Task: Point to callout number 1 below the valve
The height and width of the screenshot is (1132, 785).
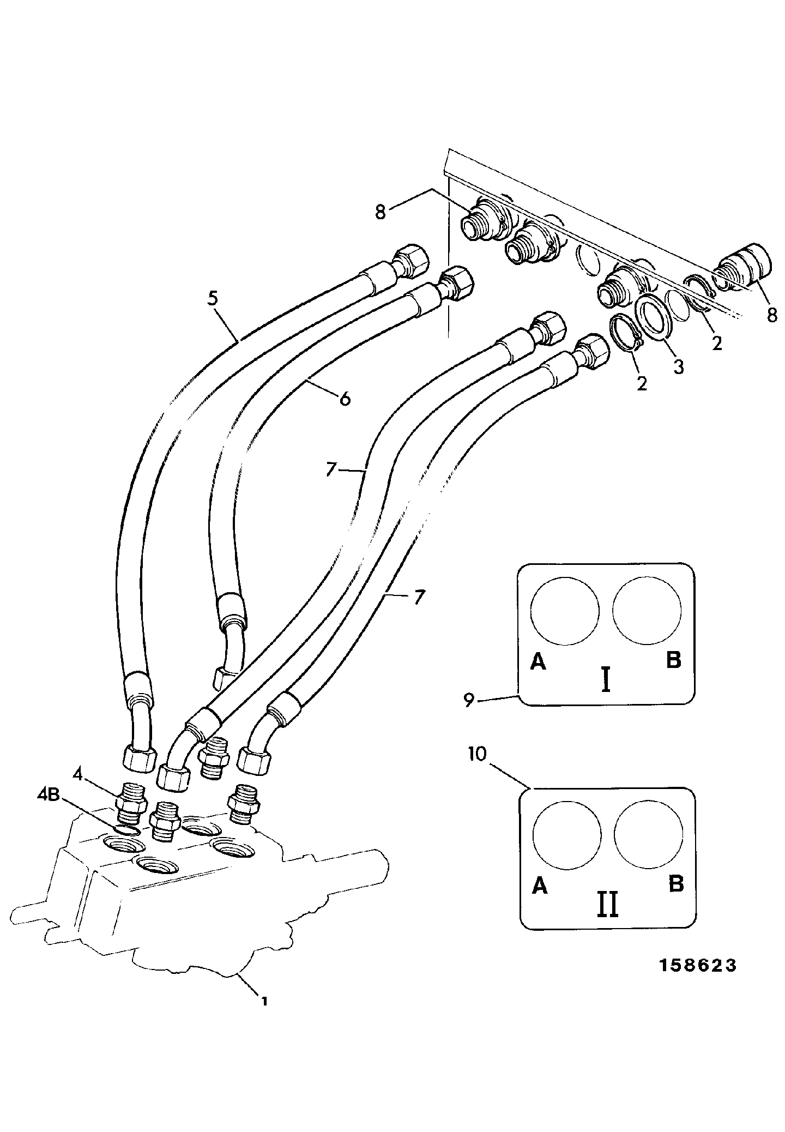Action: tap(264, 1001)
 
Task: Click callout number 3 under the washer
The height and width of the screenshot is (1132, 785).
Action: tap(678, 367)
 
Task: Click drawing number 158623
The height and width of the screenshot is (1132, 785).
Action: tap(698, 966)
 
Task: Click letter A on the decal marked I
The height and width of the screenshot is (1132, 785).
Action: tap(538, 661)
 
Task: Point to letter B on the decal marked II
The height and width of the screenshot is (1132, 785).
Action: tap(676, 884)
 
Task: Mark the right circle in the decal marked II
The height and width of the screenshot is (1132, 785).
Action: tap(648, 834)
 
